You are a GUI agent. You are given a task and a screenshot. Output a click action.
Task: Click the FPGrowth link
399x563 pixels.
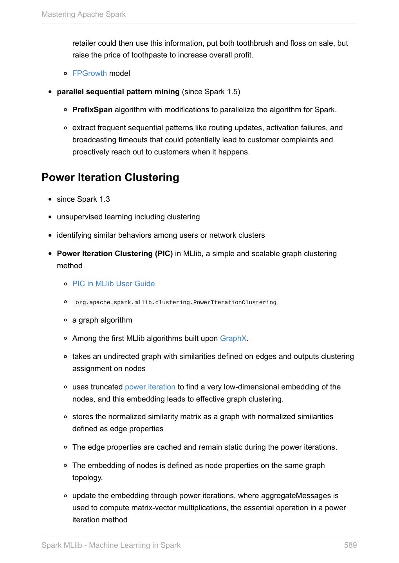pyautogui.click(x=89, y=74)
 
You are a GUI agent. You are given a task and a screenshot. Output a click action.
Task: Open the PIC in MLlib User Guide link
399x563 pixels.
pyautogui.click(x=114, y=284)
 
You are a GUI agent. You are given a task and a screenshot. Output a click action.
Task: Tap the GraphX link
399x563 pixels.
pyautogui.click(x=233, y=339)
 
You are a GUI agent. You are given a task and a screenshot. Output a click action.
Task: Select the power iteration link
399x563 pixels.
pyautogui.click(x=150, y=387)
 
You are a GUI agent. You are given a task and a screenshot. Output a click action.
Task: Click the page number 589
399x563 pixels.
pyautogui.click(x=350, y=545)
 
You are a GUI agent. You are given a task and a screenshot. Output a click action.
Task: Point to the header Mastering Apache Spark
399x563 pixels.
pyautogui.click(x=83, y=14)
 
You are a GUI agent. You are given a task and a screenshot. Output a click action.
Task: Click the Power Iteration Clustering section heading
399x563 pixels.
pyautogui.click(x=110, y=178)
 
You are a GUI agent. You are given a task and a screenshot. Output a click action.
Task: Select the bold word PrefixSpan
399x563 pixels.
pyautogui.click(x=92, y=110)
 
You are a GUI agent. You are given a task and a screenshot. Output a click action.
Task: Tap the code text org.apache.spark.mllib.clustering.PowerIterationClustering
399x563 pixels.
pyautogui.click(x=176, y=303)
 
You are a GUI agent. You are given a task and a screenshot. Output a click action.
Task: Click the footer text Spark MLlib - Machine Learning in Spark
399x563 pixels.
pyautogui.click(x=111, y=545)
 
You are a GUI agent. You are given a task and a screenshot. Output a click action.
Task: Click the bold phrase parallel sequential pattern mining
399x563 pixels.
pyautogui.click(x=118, y=92)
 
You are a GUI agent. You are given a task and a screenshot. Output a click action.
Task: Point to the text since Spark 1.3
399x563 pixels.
pyautogui.click(x=83, y=199)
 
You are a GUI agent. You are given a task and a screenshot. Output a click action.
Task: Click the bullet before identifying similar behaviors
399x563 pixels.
pyautogui.click(x=50, y=235)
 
